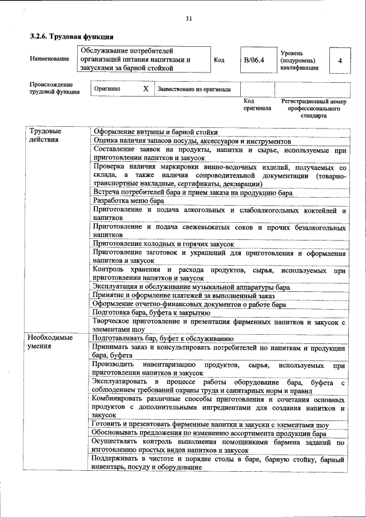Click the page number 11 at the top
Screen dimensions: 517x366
[x=189, y=18]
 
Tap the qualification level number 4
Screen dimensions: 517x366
[x=341, y=60]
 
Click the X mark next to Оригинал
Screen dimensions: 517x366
[x=145, y=89]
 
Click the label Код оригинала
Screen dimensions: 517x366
[x=257, y=104]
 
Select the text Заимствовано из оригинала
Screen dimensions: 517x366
[x=194, y=90]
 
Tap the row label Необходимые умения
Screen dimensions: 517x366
[x=51, y=342]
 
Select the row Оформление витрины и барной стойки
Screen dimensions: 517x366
[x=156, y=132]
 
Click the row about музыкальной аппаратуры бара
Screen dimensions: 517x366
[x=191, y=287]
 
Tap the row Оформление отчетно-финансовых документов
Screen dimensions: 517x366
[x=189, y=304]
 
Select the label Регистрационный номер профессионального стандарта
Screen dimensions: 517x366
[x=314, y=108]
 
